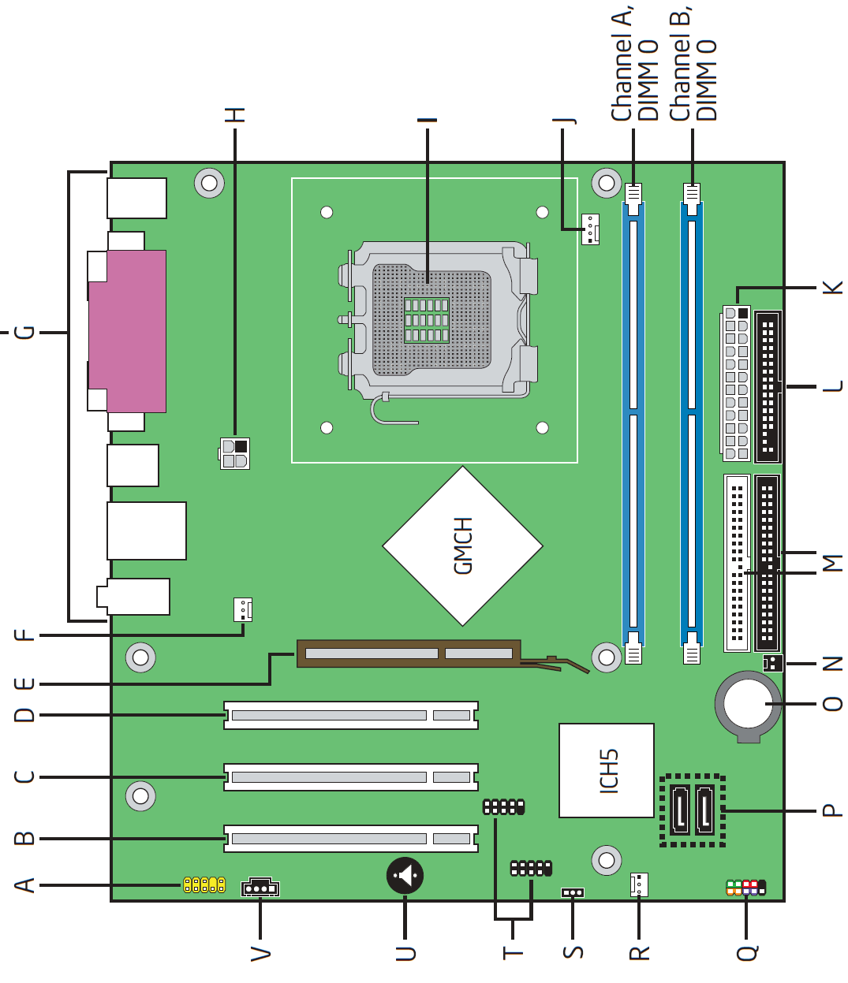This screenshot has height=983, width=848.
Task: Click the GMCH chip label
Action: tap(462, 545)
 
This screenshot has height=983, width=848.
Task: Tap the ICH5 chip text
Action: tap(609, 771)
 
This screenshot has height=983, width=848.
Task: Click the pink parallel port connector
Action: tap(127, 331)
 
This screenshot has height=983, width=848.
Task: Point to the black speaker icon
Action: tap(405, 876)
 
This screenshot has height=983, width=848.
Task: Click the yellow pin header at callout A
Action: tap(204, 885)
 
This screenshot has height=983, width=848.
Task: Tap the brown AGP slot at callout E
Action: tap(409, 653)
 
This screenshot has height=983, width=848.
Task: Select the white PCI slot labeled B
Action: tap(351, 839)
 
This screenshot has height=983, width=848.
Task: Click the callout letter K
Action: tap(832, 287)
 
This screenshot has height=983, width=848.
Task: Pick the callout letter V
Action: tap(260, 954)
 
